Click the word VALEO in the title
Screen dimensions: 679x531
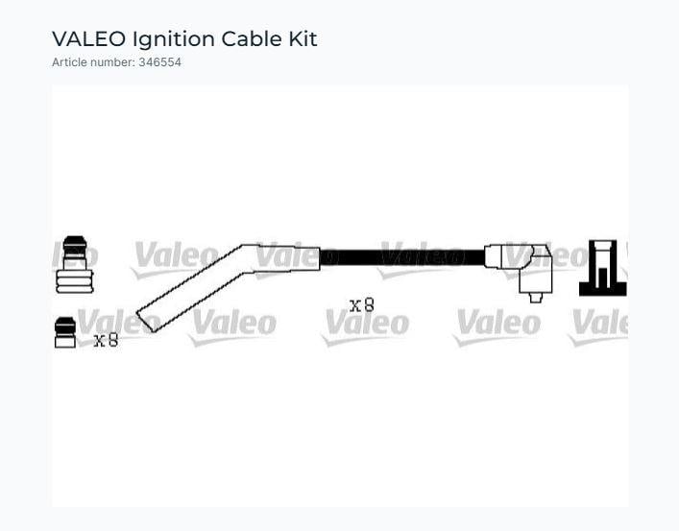[x=88, y=39]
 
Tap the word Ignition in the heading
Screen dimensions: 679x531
[x=174, y=39]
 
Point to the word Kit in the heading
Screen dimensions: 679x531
[x=303, y=39]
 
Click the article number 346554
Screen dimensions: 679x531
[x=159, y=62]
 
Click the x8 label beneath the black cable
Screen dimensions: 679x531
[x=361, y=305]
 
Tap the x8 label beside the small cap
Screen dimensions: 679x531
[x=106, y=341]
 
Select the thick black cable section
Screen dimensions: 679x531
[x=402, y=257]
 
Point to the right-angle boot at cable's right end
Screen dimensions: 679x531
[x=520, y=269]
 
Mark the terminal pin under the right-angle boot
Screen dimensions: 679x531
[x=536, y=298]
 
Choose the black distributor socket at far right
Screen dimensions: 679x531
[x=603, y=268]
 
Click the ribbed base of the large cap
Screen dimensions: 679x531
[x=75, y=281]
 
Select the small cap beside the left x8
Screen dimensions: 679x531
[x=65, y=332]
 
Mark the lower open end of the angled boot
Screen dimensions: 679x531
[x=145, y=322]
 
